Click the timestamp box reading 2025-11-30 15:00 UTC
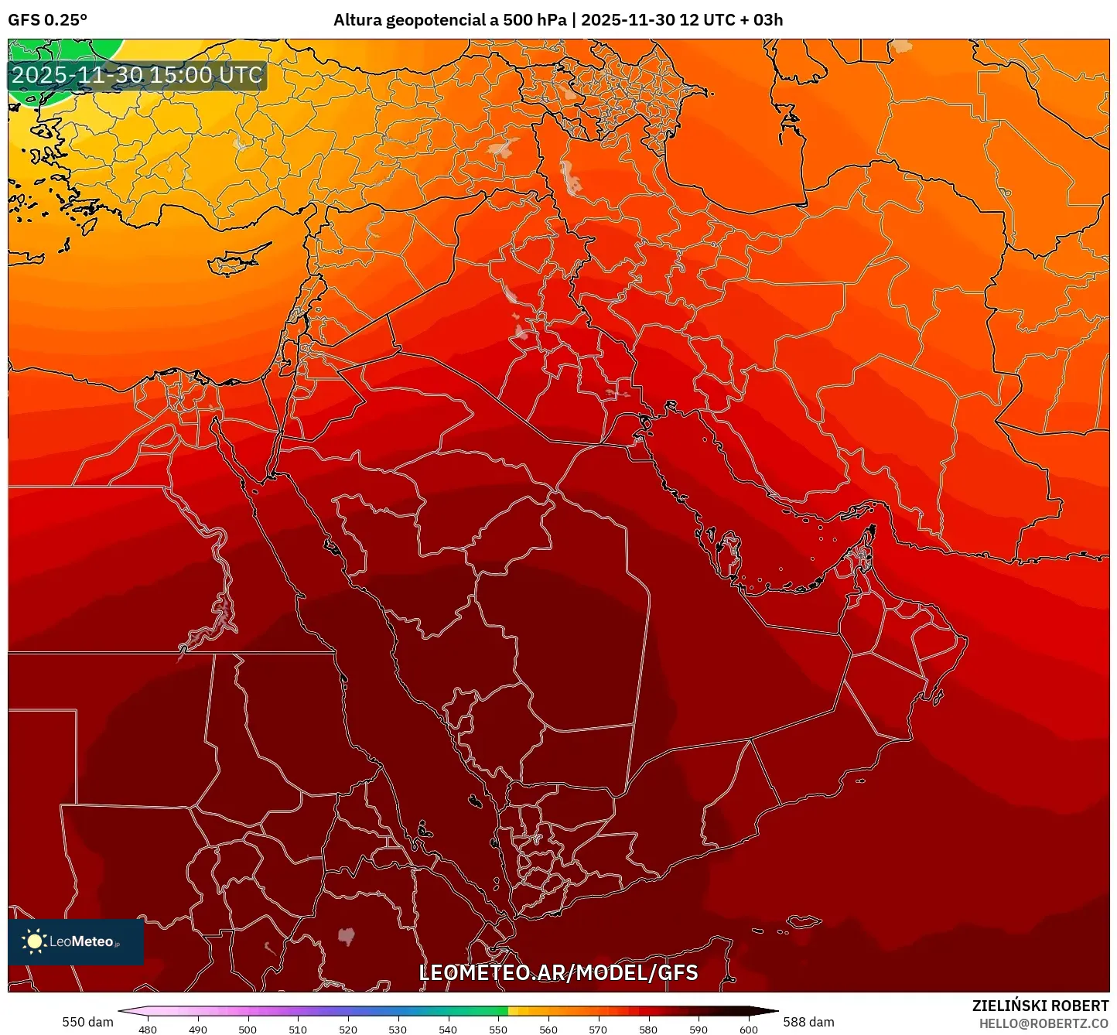137,76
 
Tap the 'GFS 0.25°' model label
47,20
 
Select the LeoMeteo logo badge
76,941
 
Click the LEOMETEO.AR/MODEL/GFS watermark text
558,973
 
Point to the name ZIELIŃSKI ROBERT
1040,1006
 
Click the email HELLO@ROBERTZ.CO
1044,1023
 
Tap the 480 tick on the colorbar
147,1030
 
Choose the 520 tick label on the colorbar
347,1030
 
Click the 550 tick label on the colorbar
498,1030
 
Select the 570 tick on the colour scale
598,1030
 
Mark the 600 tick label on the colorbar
748,1030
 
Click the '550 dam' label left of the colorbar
87,1022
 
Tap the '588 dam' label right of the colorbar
808,1022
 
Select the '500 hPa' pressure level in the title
535,20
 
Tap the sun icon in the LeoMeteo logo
35,941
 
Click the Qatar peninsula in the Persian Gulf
727,551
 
